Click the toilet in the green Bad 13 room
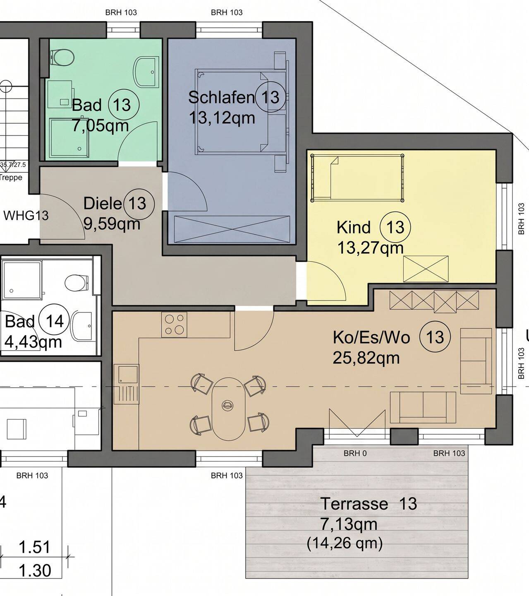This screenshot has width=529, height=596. [62, 58]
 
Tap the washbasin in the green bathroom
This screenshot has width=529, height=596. [146, 72]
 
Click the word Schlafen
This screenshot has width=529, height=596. [221, 97]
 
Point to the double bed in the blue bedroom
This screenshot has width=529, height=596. [241, 112]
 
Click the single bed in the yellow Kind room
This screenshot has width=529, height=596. [357, 178]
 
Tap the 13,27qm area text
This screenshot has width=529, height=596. [370, 248]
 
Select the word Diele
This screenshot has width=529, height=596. [103, 203]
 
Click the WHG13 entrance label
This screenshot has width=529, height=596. [26, 216]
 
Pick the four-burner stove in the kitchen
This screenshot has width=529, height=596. [174, 324]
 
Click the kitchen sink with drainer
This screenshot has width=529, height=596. [126, 385]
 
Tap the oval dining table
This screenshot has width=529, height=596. [228, 409]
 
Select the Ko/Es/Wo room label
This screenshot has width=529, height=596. [371, 337]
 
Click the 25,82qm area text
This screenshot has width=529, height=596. [366, 358]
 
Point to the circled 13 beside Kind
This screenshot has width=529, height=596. [395, 227]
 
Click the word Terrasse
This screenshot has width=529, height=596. [354, 504]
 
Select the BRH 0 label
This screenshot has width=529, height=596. [355, 453]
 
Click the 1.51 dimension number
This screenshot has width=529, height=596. [35, 547]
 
